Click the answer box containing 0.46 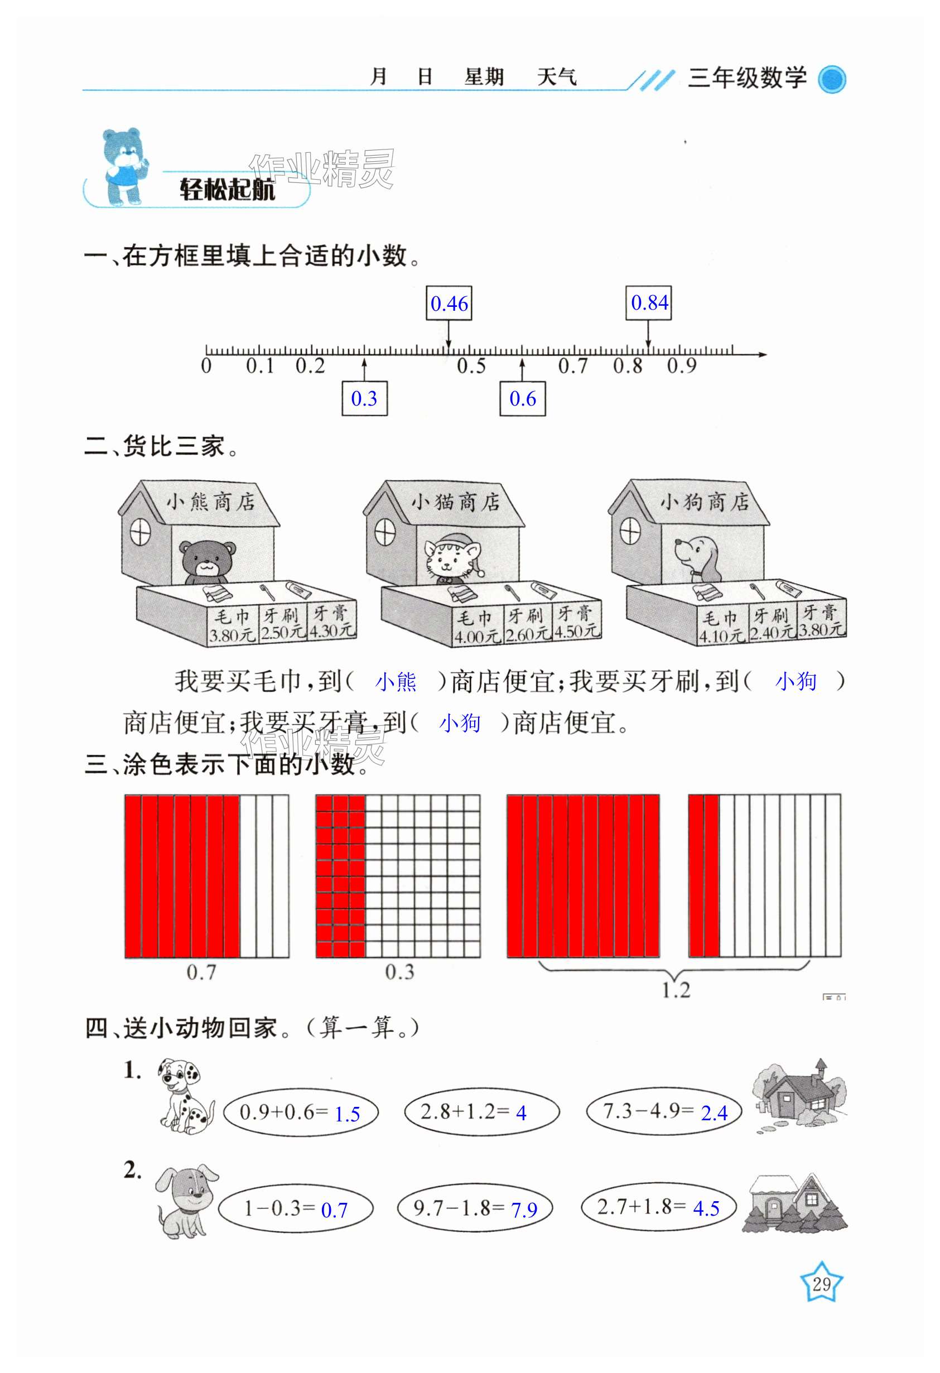pyautogui.click(x=449, y=303)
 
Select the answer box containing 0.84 pyautogui.click(x=649, y=302)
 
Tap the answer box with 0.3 pyautogui.click(x=364, y=399)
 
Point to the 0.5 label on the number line pyautogui.click(x=471, y=367)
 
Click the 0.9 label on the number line pyautogui.click(x=681, y=367)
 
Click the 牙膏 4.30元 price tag pyautogui.click(x=331, y=622)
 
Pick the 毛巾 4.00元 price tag pyautogui.click(x=477, y=627)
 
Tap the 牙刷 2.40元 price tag pyautogui.click(x=772, y=624)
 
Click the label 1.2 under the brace pyautogui.click(x=676, y=990)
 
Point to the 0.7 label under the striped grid pyautogui.click(x=201, y=972)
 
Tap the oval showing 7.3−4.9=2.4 pyautogui.click(x=663, y=1111)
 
